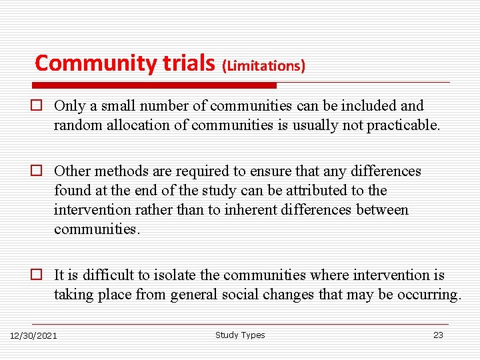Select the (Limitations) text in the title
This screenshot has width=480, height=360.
click(x=264, y=65)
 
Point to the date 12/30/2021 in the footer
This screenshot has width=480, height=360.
click(x=33, y=335)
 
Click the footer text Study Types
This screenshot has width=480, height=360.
click(x=240, y=335)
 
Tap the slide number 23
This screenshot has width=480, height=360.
click(x=438, y=335)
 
